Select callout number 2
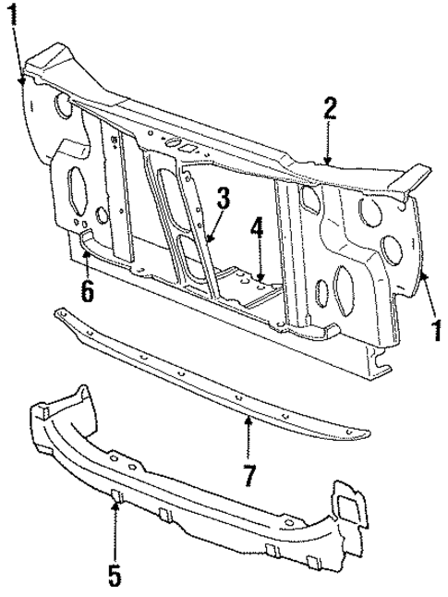(330, 109)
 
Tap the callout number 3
(223, 198)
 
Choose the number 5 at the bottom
(114, 575)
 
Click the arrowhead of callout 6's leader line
(85, 250)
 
